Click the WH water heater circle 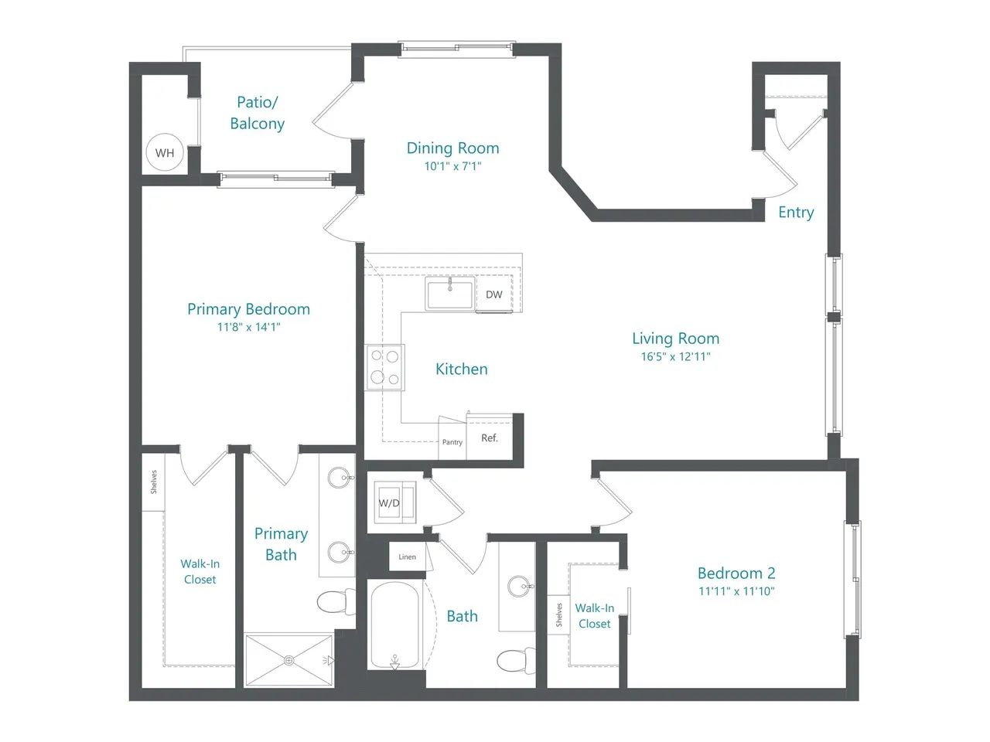pos(165,152)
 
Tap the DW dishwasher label pos(494,294)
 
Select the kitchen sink pos(449,294)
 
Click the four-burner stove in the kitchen pos(384,367)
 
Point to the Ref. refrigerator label pos(490,438)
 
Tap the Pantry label pos(452,442)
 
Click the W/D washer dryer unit pos(394,502)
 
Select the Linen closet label pos(407,556)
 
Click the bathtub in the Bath pos(394,625)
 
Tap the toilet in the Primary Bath pos(336,601)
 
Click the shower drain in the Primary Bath pos(289,660)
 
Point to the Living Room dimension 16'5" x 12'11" pos(676,357)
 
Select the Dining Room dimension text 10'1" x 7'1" pos(452,166)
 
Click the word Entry pos(796,213)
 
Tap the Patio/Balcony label pos(257,113)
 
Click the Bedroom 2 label pos(736,573)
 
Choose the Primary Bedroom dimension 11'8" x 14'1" pos(248,327)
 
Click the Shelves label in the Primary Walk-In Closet pos(154,482)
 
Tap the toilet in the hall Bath pos(516,660)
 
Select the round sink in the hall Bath pos(519,586)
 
